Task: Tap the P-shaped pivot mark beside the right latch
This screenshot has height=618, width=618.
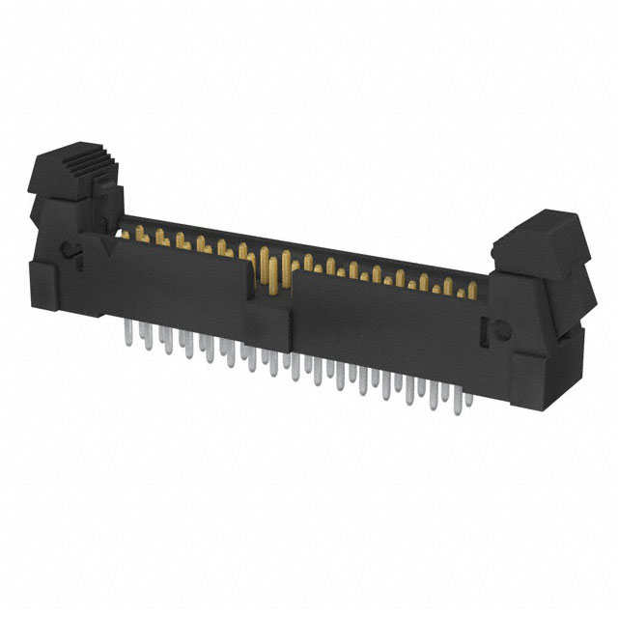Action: click(489, 329)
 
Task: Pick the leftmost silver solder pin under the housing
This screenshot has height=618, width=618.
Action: click(129, 335)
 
